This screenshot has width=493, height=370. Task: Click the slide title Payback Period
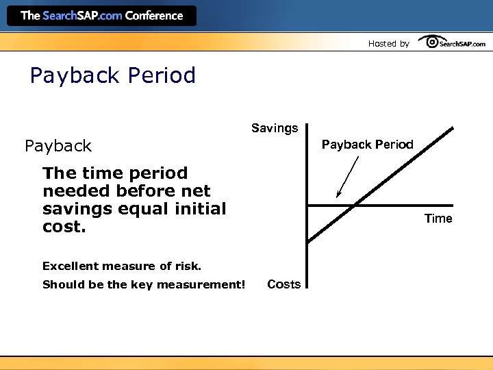click(x=113, y=75)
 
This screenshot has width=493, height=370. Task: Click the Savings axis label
click(x=275, y=128)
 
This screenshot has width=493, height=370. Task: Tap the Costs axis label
click(x=283, y=284)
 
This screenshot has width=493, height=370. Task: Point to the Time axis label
click(x=438, y=219)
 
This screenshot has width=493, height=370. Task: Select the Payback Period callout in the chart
click(x=368, y=145)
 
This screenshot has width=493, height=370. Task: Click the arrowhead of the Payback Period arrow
click(x=338, y=195)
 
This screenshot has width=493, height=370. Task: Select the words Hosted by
click(x=388, y=44)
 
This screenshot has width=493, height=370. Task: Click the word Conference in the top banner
click(x=154, y=15)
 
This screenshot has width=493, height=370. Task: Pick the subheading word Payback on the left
click(x=58, y=146)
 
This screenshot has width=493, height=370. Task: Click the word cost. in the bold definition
click(x=64, y=227)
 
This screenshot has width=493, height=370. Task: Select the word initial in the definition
click(x=198, y=209)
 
